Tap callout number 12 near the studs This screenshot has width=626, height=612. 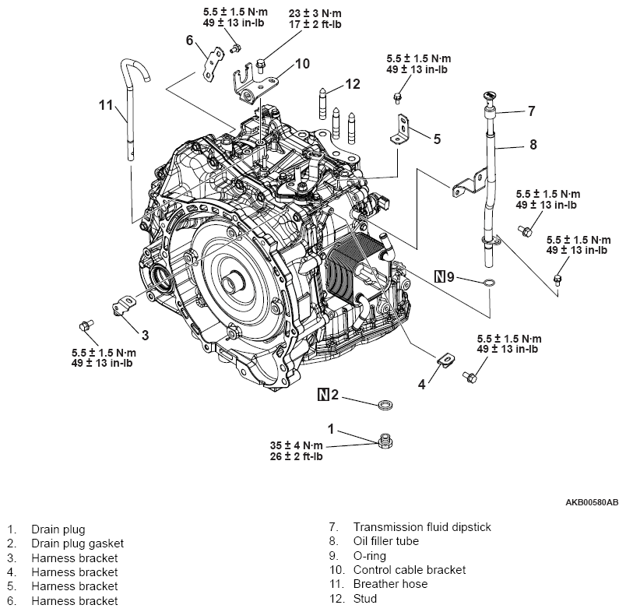pyautogui.click(x=353, y=84)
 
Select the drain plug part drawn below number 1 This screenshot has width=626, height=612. pyautogui.click(x=384, y=442)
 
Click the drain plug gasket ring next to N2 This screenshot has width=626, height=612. pyautogui.click(x=385, y=404)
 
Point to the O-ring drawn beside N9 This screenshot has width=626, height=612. pyautogui.click(x=488, y=281)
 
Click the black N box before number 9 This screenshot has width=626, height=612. pyautogui.click(x=440, y=276)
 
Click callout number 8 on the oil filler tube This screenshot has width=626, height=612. pyautogui.click(x=533, y=144)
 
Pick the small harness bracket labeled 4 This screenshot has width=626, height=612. pyautogui.click(x=445, y=361)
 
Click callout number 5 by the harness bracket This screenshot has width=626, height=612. pyautogui.click(x=437, y=139)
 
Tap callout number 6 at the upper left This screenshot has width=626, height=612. pyautogui.click(x=188, y=41)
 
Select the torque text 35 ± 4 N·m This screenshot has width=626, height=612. pyautogui.click(x=296, y=445)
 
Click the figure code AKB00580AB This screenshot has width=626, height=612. pyautogui.click(x=591, y=502)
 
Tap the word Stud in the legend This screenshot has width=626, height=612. pyautogui.click(x=366, y=599)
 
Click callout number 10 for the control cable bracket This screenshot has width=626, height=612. pyautogui.click(x=303, y=63)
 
